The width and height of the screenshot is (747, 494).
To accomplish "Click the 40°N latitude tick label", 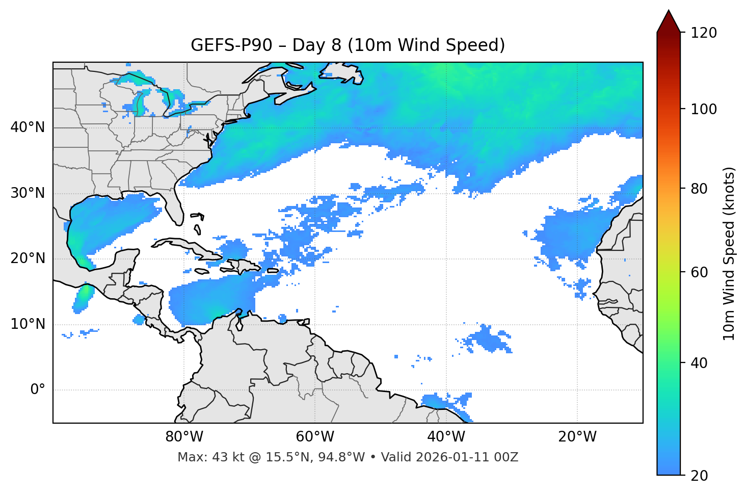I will [x=28, y=127].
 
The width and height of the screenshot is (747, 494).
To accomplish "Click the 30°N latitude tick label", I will [x=28, y=193].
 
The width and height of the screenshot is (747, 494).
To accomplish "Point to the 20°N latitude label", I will [x=28, y=258].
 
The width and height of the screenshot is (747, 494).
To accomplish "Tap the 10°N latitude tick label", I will [x=28, y=324].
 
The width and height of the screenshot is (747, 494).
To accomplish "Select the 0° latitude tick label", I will [x=37, y=390].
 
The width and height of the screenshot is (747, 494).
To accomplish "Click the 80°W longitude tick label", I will [x=184, y=437].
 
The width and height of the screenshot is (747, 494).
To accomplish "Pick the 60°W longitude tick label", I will [x=315, y=437].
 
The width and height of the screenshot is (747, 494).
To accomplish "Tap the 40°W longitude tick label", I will [x=446, y=437].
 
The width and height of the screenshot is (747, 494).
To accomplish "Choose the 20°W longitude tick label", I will [x=577, y=437].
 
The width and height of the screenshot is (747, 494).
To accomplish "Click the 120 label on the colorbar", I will [x=704, y=33].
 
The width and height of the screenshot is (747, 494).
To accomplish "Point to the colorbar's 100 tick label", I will [x=704, y=109].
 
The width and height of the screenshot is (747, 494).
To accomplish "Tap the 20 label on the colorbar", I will [x=699, y=476].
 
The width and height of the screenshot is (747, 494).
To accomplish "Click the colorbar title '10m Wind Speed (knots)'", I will [x=729, y=253].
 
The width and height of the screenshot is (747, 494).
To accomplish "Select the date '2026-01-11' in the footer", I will [x=453, y=457].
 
